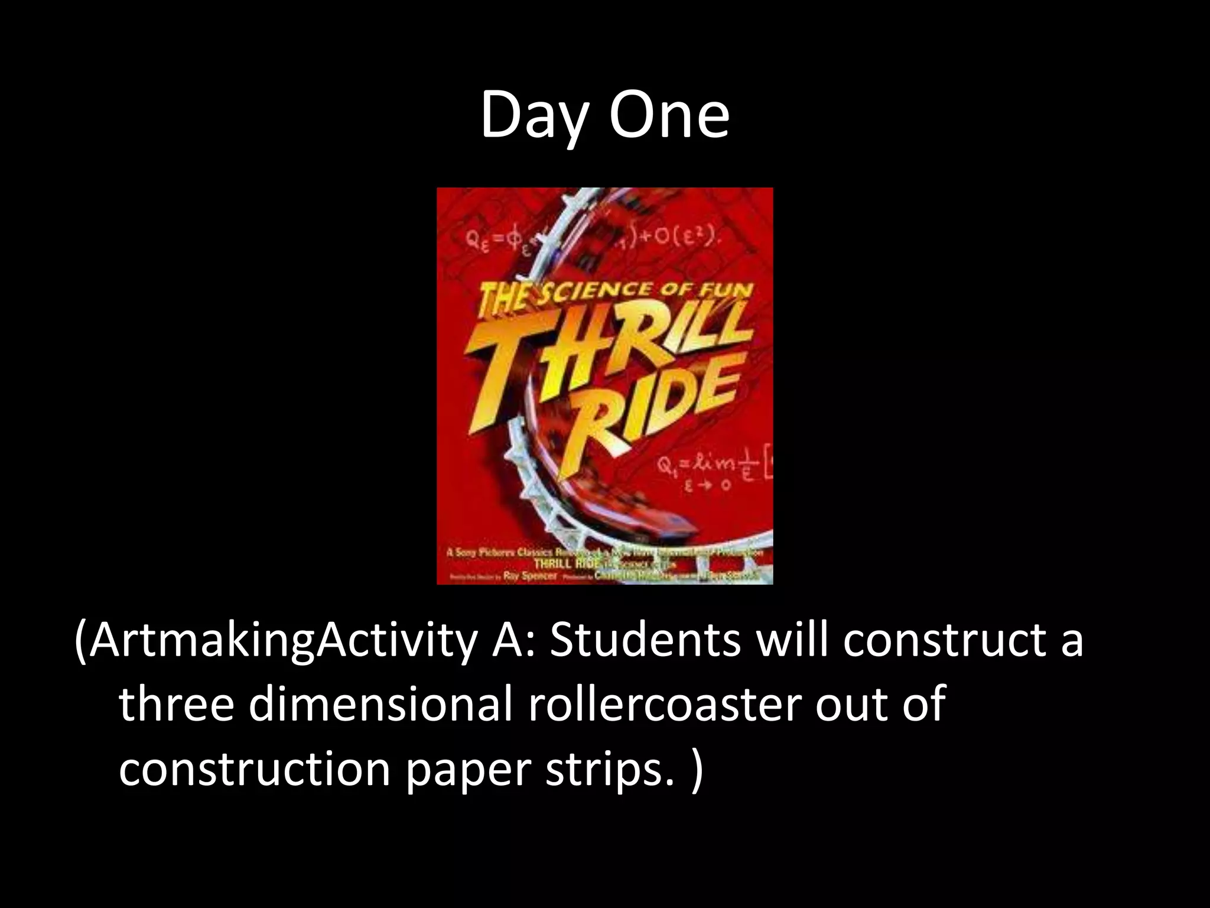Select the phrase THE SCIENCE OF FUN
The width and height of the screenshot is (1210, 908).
click(x=614, y=293)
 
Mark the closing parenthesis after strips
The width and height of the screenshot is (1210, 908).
click(x=697, y=770)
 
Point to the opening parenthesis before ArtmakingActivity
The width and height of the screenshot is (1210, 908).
click(x=82, y=641)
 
